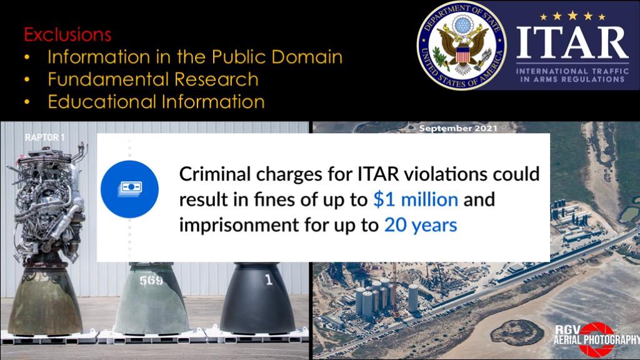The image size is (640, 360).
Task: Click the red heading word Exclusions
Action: [67, 34]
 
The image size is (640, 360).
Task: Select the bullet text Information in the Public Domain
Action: [195, 57]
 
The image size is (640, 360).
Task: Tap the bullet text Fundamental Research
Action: [153, 79]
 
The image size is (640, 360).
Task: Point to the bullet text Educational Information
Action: [156, 102]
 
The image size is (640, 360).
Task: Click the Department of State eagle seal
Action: [462, 45]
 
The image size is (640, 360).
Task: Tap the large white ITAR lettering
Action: [572, 43]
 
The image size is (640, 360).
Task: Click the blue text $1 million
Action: [416, 199]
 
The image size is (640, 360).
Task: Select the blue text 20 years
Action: [421, 225]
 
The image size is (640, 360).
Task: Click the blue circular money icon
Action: [130, 189]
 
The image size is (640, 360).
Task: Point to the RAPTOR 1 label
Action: [44, 137]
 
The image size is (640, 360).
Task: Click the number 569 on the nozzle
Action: [151, 281]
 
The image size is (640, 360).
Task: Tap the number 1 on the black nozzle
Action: [268, 279]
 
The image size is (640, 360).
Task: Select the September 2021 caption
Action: [458, 128]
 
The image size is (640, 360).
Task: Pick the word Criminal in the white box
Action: [215, 174]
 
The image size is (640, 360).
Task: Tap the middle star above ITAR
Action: [572, 16]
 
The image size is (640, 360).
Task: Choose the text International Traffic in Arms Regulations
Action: [572, 75]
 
